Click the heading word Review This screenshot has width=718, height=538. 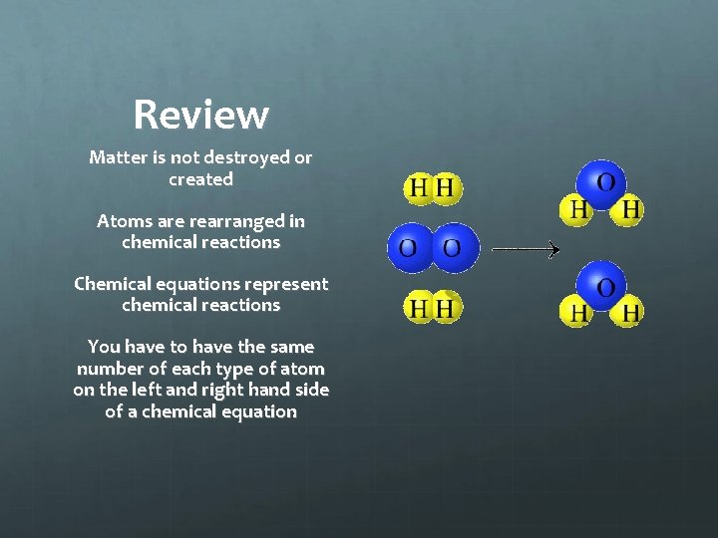(x=200, y=115)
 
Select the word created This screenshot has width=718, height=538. (x=200, y=179)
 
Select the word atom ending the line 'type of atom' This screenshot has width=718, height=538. (x=302, y=369)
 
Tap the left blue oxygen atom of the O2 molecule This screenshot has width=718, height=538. (x=408, y=247)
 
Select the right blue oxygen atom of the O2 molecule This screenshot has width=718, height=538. (x=454, y=247)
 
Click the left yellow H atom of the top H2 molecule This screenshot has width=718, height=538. (x=420, y=187)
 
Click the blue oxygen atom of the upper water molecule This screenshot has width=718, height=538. (x=604, y=183)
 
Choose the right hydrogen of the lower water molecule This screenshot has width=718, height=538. (x=630, y=313)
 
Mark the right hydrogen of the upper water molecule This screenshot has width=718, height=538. (x=630, y=210)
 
